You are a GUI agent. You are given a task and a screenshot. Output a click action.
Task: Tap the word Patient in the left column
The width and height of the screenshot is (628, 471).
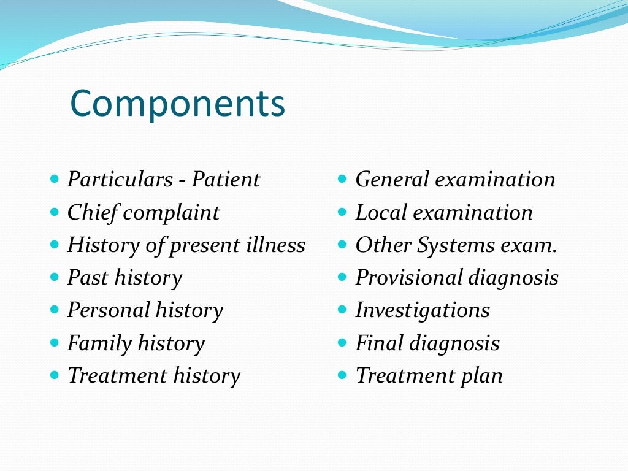(226, 180)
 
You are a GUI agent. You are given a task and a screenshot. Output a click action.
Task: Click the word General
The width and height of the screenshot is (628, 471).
(393, 180)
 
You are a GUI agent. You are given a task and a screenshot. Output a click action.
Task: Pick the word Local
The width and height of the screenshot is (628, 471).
(381, 213)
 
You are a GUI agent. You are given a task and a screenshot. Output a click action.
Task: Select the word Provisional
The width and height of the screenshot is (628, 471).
(409, 278)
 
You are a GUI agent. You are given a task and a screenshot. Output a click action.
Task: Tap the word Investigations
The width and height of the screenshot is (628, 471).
(423, 310)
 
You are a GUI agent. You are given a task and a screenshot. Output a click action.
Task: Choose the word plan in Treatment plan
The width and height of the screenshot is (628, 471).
(482, 376)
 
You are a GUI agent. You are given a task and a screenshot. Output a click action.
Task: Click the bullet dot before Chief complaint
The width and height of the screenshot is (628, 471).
(55, 212)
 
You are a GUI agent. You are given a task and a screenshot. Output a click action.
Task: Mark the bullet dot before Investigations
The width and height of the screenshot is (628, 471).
(343, 310)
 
